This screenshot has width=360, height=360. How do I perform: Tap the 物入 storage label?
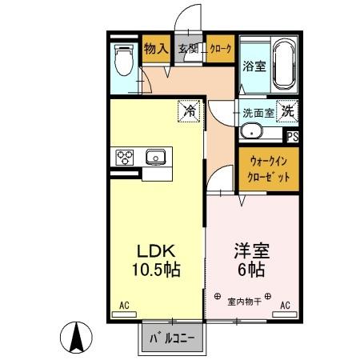point(155,49)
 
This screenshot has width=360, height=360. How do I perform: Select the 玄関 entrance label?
point(188,49)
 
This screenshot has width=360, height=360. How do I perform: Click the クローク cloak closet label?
point(220,49)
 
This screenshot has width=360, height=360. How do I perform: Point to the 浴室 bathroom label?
point(254,66)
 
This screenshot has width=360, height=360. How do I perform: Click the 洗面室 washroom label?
point(258,113)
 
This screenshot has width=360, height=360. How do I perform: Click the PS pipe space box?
point(292,136)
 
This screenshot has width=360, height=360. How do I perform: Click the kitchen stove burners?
point(126,158)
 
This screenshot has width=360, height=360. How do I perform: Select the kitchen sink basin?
point(154,157)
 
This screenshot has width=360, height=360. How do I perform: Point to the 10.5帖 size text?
point(157,270)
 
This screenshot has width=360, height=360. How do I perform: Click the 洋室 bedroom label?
point(250,250)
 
